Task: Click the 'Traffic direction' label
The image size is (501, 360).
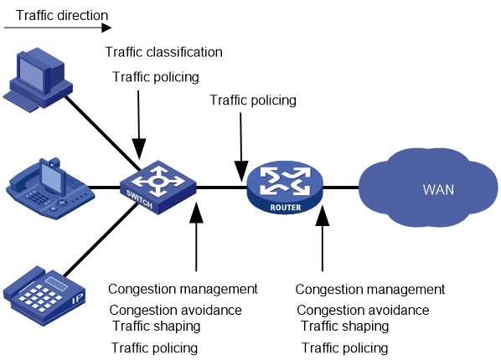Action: pyautogui.click(x=62, y=15)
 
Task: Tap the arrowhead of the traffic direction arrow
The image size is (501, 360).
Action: pyautogui.click(x=106, y=28)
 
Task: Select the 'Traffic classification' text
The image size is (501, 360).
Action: pyautogui.click(x=164, y=52)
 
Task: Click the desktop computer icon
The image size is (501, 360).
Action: pyautogui.click(x=38, y=80)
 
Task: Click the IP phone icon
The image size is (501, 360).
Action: pyautogui.click(x=44, y=296)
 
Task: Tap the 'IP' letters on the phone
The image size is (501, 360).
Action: pyautogui.click(x=77, y=300)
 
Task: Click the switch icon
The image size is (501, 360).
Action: pyautogui.click(x=158, y=188)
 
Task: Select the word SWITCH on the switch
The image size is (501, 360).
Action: pyautogui.click(x=139, y=199)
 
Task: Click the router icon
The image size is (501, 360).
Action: pyautogui.click(x=285, y=188)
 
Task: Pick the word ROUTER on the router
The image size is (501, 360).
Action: pyautogui.click(x=286, y=208)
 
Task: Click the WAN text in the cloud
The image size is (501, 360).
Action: pyautogui.click(x=438, y=190)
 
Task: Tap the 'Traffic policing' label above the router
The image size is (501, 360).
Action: pyautogui.click(x=253, y=100)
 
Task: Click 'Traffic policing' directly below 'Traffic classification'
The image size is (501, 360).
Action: pyautogui.click(x=156, y=77)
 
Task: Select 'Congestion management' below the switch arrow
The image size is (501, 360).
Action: pyautogui.click(x=183, y=289)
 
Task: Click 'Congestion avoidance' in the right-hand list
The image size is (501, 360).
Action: pyautogui.click(x=363, y=310)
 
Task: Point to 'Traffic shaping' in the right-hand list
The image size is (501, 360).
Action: pyautogui.click(x=345, y=327)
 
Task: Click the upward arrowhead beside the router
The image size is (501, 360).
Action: pyautogui.click(x=323, y=216)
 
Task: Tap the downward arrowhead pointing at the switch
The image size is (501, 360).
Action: pyautogui.click(x=139, y=149)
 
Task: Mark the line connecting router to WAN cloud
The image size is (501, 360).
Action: pyautogui.click(x=341, y=188)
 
